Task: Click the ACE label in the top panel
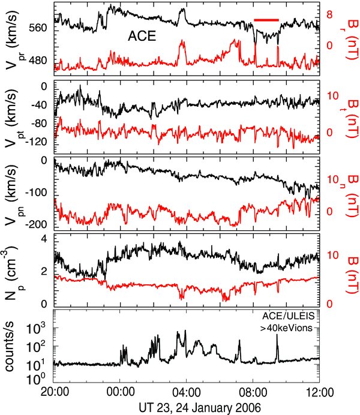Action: (142, 37)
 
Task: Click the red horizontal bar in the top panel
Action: (266, 20)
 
